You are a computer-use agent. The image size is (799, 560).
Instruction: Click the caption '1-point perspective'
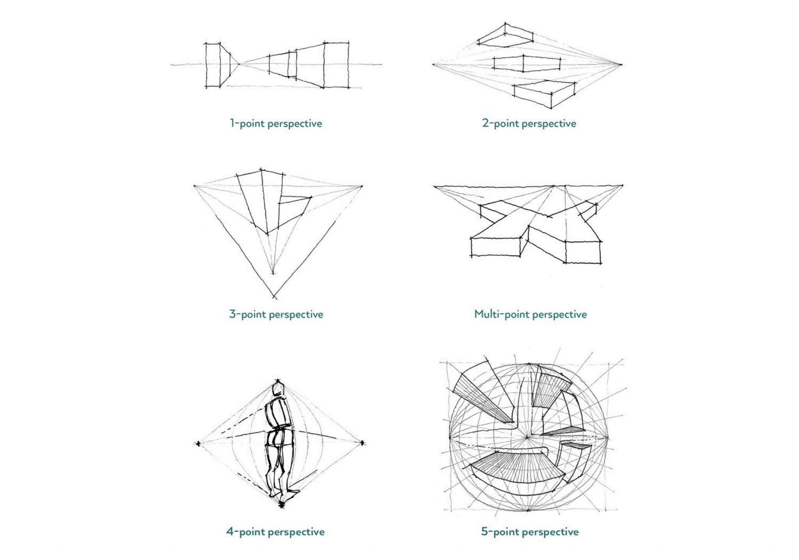[276, 124]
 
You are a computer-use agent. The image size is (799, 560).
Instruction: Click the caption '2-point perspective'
[529, 124]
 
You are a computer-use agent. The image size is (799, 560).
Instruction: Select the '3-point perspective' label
[276, 314]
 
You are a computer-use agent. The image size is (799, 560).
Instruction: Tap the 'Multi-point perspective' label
[530, 314]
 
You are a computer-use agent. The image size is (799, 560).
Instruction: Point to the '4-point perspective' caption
[275, 532]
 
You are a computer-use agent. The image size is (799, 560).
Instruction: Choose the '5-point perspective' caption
[529, 532]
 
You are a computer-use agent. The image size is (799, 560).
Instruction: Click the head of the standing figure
[278, 389]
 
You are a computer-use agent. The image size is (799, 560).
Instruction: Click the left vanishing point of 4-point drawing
[198, 443]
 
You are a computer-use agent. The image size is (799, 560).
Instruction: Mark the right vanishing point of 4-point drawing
[362, 443]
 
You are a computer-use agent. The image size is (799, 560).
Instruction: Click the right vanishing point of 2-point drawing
[621, 64]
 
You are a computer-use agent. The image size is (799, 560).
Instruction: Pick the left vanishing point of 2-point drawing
[434, 64]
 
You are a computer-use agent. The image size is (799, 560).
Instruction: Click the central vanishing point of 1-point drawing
[239, 64]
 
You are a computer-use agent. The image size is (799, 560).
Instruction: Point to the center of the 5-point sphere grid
[527, 438]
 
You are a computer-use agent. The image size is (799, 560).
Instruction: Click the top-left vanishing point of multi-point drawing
[435, 187]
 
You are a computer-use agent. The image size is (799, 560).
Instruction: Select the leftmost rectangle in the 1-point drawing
[213, 65]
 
